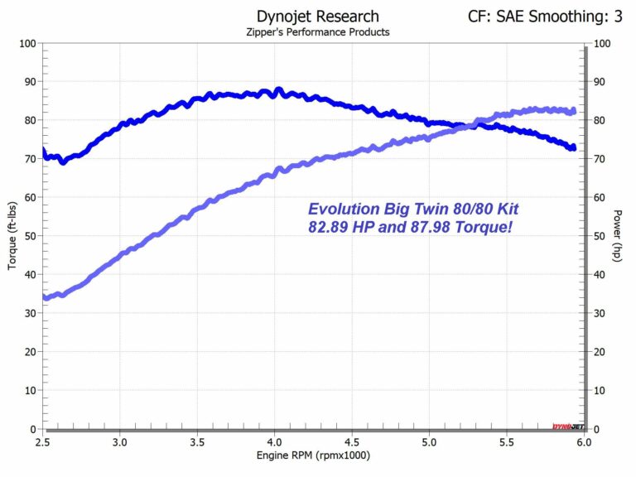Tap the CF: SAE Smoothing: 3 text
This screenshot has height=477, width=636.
pyautogui.click(x=546, y=16)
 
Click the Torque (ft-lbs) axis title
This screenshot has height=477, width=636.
pyautogui.click(x=12, y=236)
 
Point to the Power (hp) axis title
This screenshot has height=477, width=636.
pyautogui.click(x=618, y=236)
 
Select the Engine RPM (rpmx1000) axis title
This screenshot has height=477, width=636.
pyautogui.click(x=313, y=455)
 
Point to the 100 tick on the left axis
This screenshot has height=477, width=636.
pyautogui.click(x=25, y=43)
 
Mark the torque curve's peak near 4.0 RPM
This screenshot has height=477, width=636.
pyautogui.click(x=278, y=89)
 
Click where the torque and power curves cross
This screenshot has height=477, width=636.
pyautogui.click(x=474, y=125)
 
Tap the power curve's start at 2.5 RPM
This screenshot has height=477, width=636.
pyautogui.click(x=45, y=297)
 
